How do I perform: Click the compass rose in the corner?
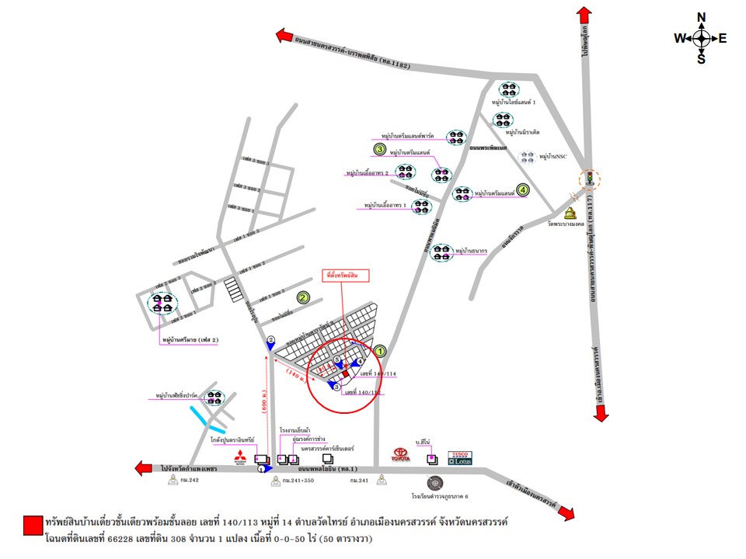click(701, 38)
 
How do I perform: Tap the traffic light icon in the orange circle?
click(590, 179)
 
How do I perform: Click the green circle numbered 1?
click(381, 350)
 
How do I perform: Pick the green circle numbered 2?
click(303, 297)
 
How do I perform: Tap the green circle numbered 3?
click(380, 148)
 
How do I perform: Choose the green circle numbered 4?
click(523, 189)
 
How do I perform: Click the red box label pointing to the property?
click(346, 276)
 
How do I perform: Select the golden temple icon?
click(572, 214)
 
